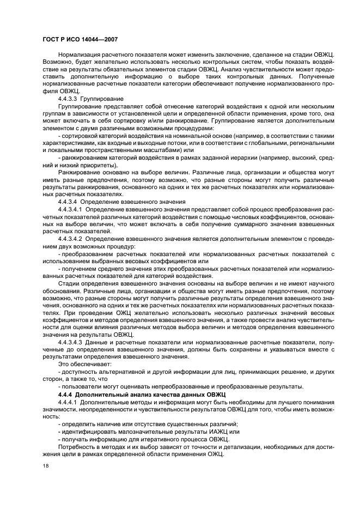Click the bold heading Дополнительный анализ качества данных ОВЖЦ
coord(151,393)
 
